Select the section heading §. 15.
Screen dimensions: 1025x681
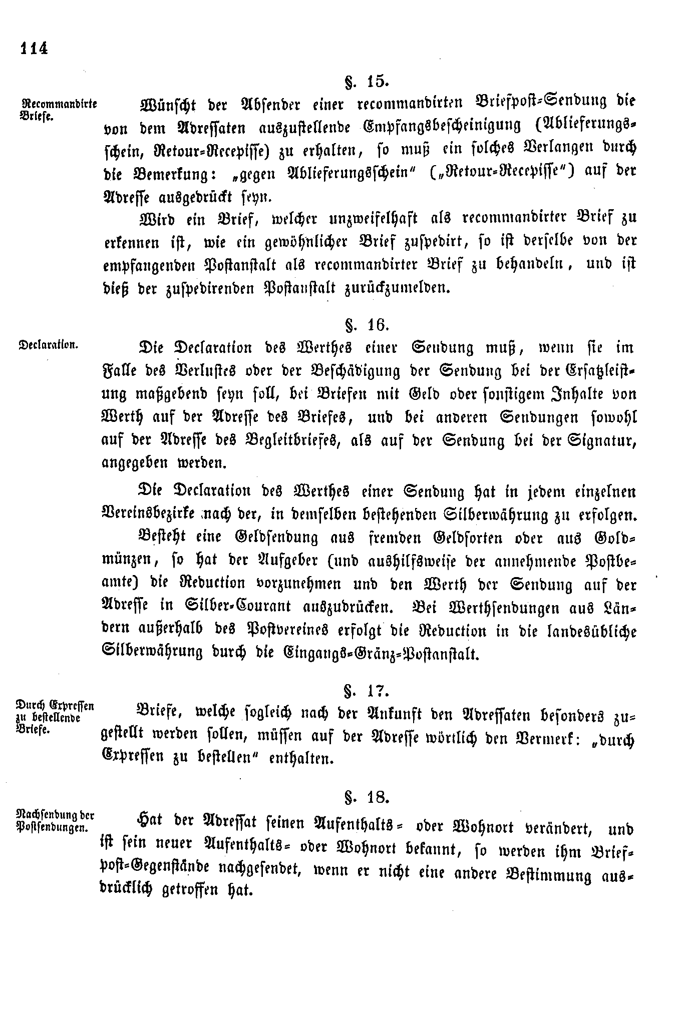(x=367, y=81)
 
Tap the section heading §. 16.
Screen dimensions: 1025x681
(x=367, y=325)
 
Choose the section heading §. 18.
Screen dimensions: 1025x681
(x=367, y=796)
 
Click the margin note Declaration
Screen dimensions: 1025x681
(x=48, y=345)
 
